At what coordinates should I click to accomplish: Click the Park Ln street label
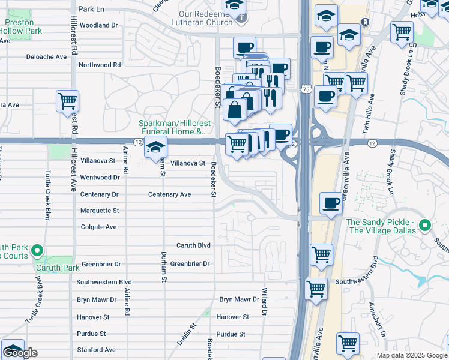(91, 10)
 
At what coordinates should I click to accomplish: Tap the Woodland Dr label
(98, 25)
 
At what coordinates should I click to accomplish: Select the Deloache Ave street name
(46, 57)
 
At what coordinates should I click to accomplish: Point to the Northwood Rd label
(100, 65)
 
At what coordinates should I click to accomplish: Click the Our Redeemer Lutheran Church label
(205, 18)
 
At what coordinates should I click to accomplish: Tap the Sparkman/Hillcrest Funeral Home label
(174, 127)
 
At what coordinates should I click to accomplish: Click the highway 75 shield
(306, 89)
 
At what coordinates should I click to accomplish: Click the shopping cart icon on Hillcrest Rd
(67, 101)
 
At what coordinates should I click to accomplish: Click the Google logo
(20, 353)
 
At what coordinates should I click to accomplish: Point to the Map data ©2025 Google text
(411, 355)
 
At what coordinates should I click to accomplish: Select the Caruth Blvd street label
(193, 245)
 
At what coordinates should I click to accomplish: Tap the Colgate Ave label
(99, 227)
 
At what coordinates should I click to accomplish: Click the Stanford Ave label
(96, 350)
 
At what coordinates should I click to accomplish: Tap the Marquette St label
(100, 211)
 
